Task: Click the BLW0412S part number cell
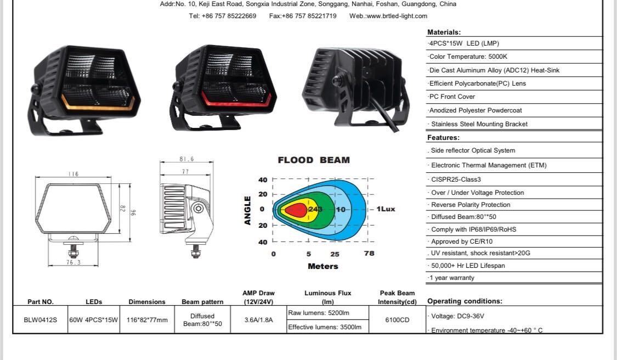[x=40, y=320]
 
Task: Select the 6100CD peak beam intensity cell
[x=397, y=320]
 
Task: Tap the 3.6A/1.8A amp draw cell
[x=258, y=320]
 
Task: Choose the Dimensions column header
[x=146, y=301]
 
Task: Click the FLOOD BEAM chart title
[x=314, y=160]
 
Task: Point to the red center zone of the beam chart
[x=296, y=210]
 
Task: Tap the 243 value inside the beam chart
[x=315, y=209]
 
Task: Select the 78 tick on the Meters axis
[x=369, y=254]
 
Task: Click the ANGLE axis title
[x=248, y=210]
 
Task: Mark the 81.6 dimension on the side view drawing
[x=186, y=159]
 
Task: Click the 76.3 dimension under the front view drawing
[x=73, y=262]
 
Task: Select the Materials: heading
[x=444, y=32]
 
